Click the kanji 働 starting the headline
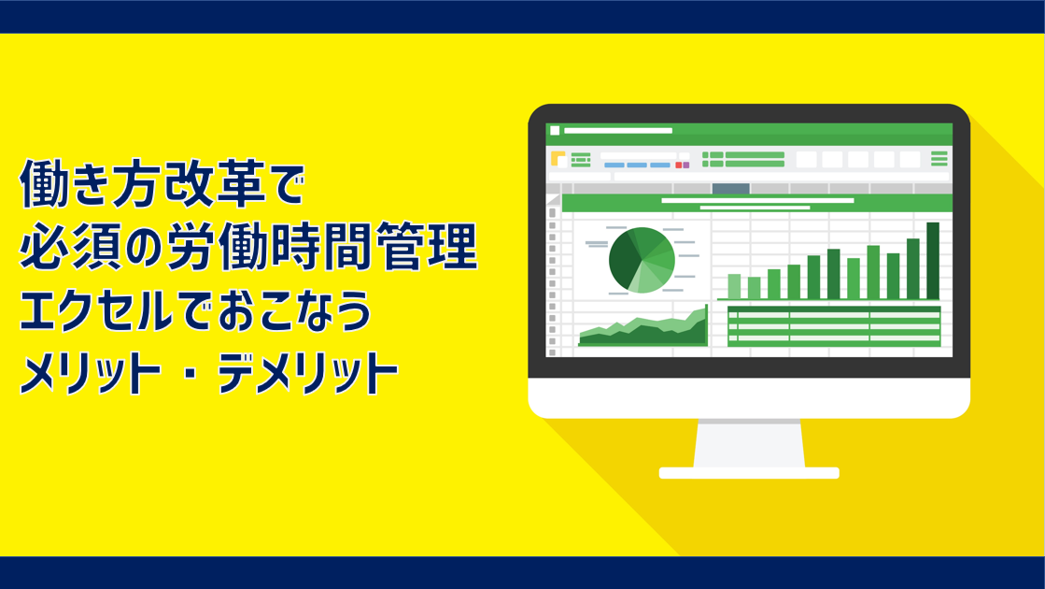tap(43, 183)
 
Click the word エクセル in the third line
tap(96, 310)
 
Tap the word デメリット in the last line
tap(308, 373)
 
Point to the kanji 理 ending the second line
tap(455, 246)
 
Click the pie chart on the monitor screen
tap(642, 260)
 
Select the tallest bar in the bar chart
tap(933, 261)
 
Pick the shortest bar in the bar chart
tap(754, 288)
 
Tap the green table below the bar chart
tap(834, 326)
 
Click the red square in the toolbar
tap(678, 165)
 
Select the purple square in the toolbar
tap(685, 165)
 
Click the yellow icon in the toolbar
tap(558, 159)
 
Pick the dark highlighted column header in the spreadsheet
tap(730, 189)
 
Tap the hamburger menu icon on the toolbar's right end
tap(939, 159)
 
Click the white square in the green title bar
tap(555, 131)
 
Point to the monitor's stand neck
tap(749, 443)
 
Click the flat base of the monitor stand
tap(749, 473)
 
